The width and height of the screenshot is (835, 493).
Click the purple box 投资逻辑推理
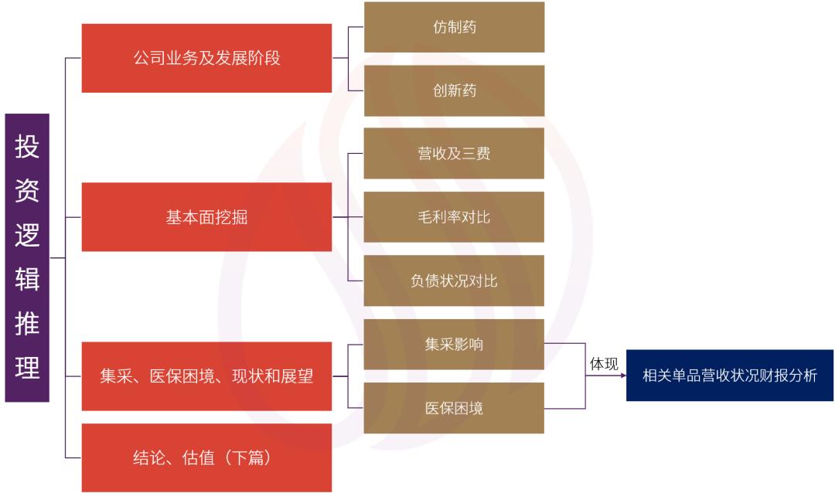pyautogui.click(x=27, y=257)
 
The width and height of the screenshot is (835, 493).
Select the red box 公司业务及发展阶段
pyautogui.click(x=206, y=58)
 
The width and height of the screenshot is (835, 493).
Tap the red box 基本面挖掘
pyautogui.click(x=206, y=217)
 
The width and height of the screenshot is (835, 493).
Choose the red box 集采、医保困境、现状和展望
pyautogui.click(x=206, y=376)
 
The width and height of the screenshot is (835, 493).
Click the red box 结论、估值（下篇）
pyautogui.click(x=206, y=457)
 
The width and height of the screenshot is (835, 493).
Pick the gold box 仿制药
pyautogui.click(x=454, y=27)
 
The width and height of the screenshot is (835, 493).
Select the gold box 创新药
pyautogui.click(x=454, y=90)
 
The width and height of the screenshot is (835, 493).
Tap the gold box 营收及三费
pyautogui.click(x=454, y=154)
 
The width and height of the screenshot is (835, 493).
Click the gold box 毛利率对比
pyautogui.click(x=454, y=217)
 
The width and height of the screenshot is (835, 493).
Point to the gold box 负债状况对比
pyautogui.click(x=454, y=280)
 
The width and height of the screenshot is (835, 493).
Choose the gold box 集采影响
pyautogui.click(x=454, y=344)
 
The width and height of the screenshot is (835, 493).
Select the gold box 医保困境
pyautogui.click(x=454, y=407)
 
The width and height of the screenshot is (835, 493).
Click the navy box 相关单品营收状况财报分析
pyautogui.click(x=729, y=376)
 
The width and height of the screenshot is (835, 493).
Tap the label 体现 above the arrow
pyautogui.click(x=604, y=364)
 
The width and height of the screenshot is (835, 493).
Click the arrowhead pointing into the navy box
pyautogui.click(x=622, y=376)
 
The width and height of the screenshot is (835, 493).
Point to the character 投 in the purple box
pyautogui.click(x=27, y=148)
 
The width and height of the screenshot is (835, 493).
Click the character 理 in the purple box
pyautogui.click(x=27, y=367)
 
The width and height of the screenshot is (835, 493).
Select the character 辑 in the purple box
pyautogui.click(x=27, y=279)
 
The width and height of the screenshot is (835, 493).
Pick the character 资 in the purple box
pyautogui.click(x=27, y=192)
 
